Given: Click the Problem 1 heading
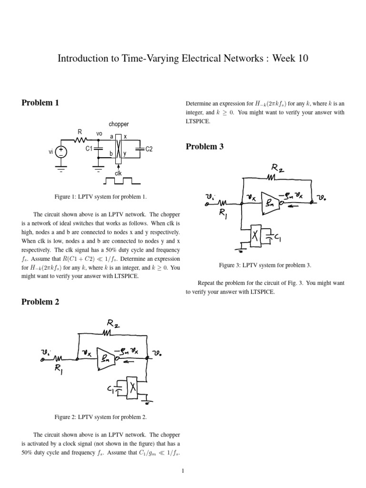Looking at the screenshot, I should click(x=41, y=102).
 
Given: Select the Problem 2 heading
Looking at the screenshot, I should click(x=41, y=302).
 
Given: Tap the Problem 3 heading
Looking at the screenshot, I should click(x=204, y=147).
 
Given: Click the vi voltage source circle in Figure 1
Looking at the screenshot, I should click(x=61, y=152).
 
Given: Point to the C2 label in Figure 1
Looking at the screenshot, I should click(x=149, y=150).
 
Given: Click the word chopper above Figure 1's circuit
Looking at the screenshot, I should click(x=119, y=124).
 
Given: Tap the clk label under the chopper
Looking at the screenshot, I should click(x=118, y=173).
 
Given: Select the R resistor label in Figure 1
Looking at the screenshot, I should click(x=80, y=132).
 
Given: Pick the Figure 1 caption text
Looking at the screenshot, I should click(x=102, y=196).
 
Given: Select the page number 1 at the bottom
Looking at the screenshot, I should click(x=183, y=471).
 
